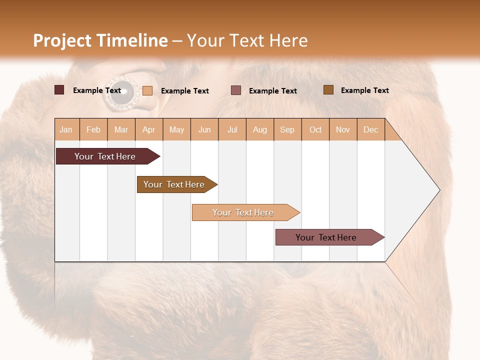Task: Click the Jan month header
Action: [66, 129]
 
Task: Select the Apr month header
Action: [149, 129]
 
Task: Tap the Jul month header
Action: [232, 129]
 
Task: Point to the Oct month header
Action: [315, 129]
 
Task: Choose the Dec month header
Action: [370, 129]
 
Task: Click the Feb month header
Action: [93, 129]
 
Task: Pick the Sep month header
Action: [287, 129]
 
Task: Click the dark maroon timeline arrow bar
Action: [108, 156]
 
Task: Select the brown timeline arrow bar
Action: [177, 184]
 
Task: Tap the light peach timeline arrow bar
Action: [246, 212]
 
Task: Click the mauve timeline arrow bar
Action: [330, 237]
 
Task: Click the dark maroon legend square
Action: [59, 90]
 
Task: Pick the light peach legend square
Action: [147, 90]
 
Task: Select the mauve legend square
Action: [235, 90]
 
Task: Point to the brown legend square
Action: [328, 89]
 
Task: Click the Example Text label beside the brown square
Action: [365, 90]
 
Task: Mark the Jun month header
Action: [204, 129]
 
